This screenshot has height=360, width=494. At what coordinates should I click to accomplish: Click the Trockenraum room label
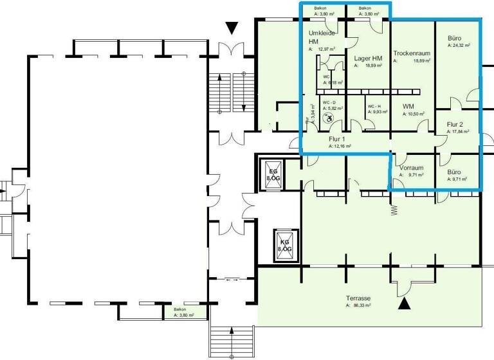(x=412, y=53)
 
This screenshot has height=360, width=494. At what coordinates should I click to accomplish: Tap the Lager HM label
(x=369, y=59)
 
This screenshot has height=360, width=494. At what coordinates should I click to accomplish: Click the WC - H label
(x=374, y=106)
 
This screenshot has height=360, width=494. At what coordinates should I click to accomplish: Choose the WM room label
(x=408, y=106)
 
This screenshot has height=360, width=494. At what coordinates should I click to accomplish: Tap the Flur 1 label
(x=338, y=139)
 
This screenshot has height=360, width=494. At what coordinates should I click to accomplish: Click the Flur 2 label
(x=455, y=124)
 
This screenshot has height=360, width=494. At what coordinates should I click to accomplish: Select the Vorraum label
(x=410, y=166)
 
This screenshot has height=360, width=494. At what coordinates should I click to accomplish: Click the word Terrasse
(x=358, y=298)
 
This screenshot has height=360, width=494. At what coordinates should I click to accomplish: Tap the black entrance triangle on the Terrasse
(x=404, y=304)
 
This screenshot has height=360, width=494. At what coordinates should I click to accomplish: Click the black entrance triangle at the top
(x=232, y=28)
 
